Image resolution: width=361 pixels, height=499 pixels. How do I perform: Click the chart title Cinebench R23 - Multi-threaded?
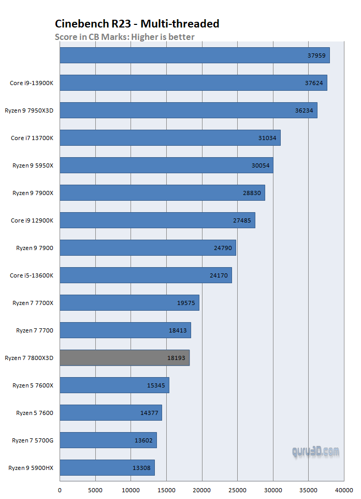tap(137, 24)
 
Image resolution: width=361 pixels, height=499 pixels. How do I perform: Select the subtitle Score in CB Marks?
tap(124, 36)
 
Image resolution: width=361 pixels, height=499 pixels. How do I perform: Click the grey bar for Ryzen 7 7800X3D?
tap(124, 358)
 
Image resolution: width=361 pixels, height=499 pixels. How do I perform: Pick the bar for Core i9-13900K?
tap(193, 82)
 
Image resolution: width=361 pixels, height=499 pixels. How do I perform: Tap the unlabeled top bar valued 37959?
tap(194, 55)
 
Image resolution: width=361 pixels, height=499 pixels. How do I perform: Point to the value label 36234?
tap(305, 110)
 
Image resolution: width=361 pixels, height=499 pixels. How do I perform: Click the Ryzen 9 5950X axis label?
tap(33, 165)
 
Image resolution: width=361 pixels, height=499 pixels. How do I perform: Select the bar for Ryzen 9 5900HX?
tap(107, 468)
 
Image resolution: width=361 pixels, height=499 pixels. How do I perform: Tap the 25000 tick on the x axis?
tap(237, 490)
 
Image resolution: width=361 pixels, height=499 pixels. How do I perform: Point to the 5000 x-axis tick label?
tap(95, 490)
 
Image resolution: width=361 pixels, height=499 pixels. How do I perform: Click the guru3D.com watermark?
tap(315, 452)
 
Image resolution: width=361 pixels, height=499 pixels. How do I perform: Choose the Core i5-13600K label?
tap(32, 275)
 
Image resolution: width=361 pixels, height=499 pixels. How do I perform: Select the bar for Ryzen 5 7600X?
tap(114, 385)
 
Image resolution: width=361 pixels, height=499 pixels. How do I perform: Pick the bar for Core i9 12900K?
tap(157, 220)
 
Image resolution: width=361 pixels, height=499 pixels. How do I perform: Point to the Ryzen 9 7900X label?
tap(33, 193)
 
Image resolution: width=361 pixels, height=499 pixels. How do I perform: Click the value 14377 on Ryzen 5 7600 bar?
tap(150, 413)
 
